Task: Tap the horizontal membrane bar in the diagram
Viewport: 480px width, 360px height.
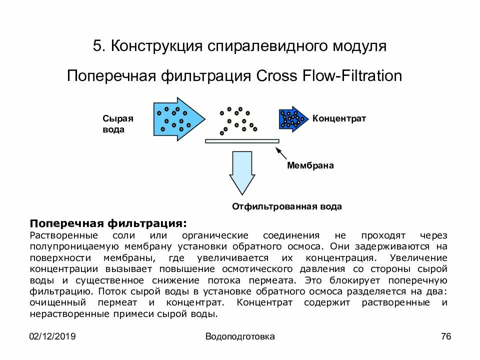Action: (x=242, y=141)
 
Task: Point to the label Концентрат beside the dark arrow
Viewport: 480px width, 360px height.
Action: (x=339, y=118)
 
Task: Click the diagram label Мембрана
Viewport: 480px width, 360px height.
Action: (x=310, y=165)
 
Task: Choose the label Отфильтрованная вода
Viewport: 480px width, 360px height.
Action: (x=287, y=206)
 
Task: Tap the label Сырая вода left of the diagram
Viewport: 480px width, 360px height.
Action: (x=118, y=124)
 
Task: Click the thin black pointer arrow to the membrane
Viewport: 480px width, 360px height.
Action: (x=281, y=153)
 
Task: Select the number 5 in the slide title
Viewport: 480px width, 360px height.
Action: (x=97, y=46)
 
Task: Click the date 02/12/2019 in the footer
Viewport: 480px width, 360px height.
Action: (x=52, y=336)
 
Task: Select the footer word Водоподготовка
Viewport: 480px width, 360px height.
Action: (x=240, y=336)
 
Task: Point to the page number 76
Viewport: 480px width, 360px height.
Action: (x=446, y=336)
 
